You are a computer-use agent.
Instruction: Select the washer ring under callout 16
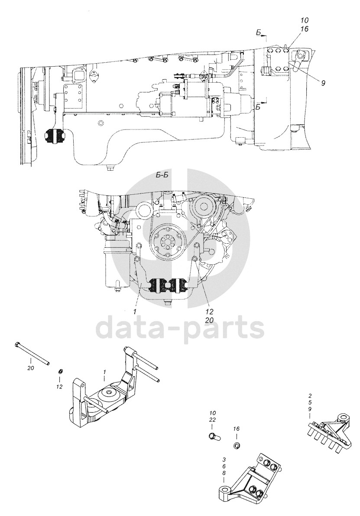pyautogui.click(x=237, y=446)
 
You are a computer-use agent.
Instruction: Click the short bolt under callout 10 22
pyautogui.click(x=213, y=435)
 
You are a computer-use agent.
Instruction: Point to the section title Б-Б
pyautogui.click(x=161, y=175)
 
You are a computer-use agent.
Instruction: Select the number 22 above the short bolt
pyautogui.click(x=213, y=420)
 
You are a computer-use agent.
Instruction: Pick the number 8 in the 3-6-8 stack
pyautogui.click(x=224, y=473)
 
